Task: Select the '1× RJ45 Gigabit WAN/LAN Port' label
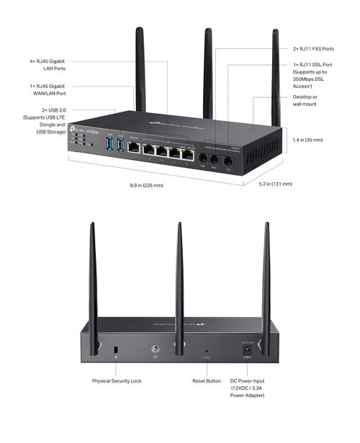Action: point(47,90)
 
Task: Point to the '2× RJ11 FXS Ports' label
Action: point(313,49)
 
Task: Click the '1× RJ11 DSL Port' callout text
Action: point(313,75)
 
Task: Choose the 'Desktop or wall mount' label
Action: point(305,101)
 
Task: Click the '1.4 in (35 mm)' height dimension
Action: point(308,140)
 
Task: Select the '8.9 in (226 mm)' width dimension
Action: point(147,186)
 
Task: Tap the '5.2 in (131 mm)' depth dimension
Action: point(275,184)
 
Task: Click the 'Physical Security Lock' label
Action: point(117,380)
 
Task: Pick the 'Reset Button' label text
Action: point(207,380)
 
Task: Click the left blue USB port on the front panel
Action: point(109,146)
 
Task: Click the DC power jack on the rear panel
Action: point(247,349)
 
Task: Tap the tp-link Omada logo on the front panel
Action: point(81,131)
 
